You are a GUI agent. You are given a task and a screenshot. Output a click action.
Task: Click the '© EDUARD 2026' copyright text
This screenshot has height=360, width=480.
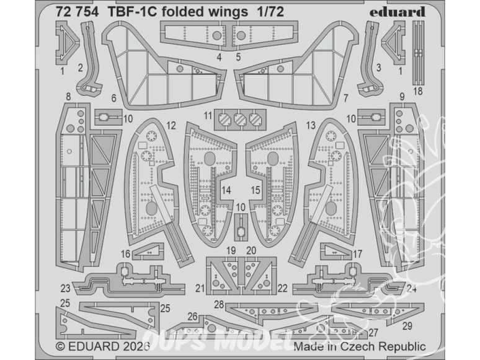(x=99, y=347)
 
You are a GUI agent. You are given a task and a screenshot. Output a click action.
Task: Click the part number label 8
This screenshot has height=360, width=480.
(x=67, y=97)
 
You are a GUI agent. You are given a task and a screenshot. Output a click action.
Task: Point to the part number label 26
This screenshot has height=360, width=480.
(x=193, y=317)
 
